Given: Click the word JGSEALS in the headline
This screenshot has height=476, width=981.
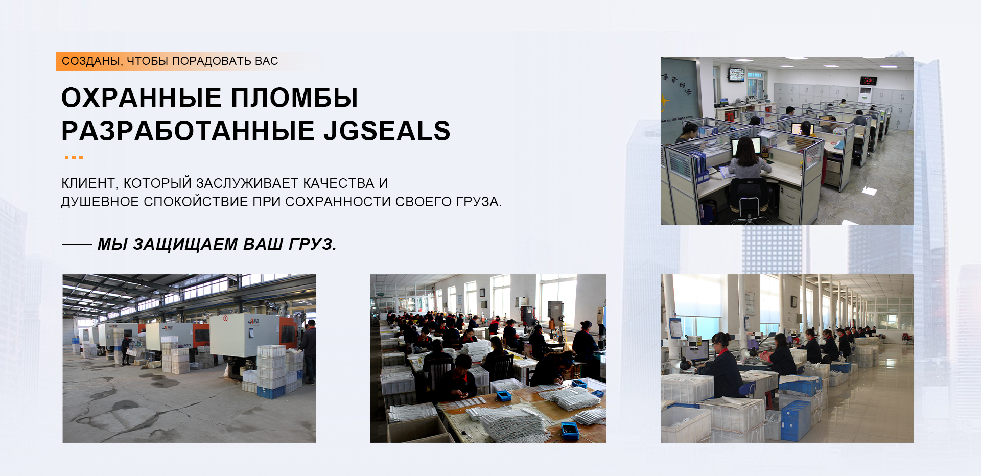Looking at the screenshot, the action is [x=387, y=131].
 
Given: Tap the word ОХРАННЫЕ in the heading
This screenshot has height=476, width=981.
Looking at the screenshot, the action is [x=142, y=98].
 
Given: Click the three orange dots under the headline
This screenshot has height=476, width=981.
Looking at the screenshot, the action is [x=74, y=157].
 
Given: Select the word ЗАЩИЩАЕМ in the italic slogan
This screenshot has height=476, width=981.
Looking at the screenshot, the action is [x=185, y=244].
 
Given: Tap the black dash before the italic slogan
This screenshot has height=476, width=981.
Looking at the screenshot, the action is [x=77, y=245].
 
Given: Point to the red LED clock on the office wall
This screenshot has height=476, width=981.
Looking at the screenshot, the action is [x=869, y=81].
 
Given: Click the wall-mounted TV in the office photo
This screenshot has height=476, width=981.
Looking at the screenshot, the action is [x=736, y=74].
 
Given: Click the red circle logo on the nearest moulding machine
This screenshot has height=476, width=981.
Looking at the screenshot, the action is [x=225, y=318].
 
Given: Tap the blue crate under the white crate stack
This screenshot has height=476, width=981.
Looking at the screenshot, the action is [x=271, y=392].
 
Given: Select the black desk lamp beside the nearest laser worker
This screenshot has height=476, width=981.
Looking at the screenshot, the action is [x=683, y=364].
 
